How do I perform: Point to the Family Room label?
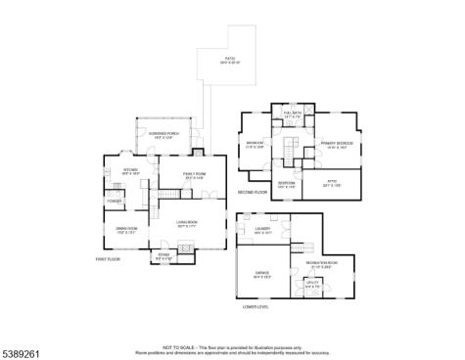coord(194,174)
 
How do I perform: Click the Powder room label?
coord(114,202)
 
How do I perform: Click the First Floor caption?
coord(108,259)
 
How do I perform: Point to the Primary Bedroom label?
coord(335,145)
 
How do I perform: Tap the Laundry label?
coord(262,231)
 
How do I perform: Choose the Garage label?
coord(262,275)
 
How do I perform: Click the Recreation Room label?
coord(321,263)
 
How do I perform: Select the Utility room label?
coord(312,283)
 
